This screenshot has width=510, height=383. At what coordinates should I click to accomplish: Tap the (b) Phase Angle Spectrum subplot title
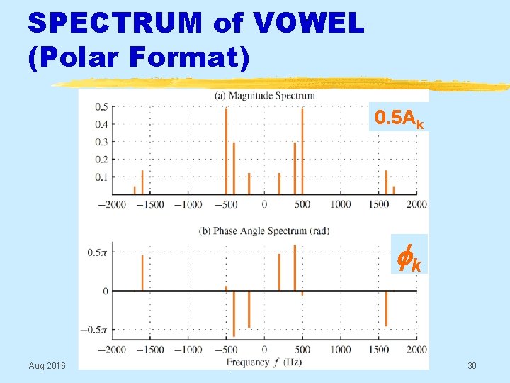click(x=263, y=231)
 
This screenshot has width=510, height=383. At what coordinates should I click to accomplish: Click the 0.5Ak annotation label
click(x=399, y=118)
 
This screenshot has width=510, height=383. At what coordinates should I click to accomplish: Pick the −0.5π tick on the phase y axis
click(x=97, y=330)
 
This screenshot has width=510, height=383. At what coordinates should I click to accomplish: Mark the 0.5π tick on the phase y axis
click(x=98, y=252)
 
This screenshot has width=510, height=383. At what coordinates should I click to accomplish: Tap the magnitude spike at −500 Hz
click(x=226, y=150)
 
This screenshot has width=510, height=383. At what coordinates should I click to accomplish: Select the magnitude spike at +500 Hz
click(x=302, y=150)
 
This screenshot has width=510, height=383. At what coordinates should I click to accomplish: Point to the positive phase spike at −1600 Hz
click(x=142, y=273)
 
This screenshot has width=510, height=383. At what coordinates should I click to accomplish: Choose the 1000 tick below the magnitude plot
click(x=340, y=205)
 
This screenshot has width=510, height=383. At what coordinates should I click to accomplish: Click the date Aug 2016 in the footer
click(x=47, y=365)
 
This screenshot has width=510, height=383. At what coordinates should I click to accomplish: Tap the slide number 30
click(x=472, y=365)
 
